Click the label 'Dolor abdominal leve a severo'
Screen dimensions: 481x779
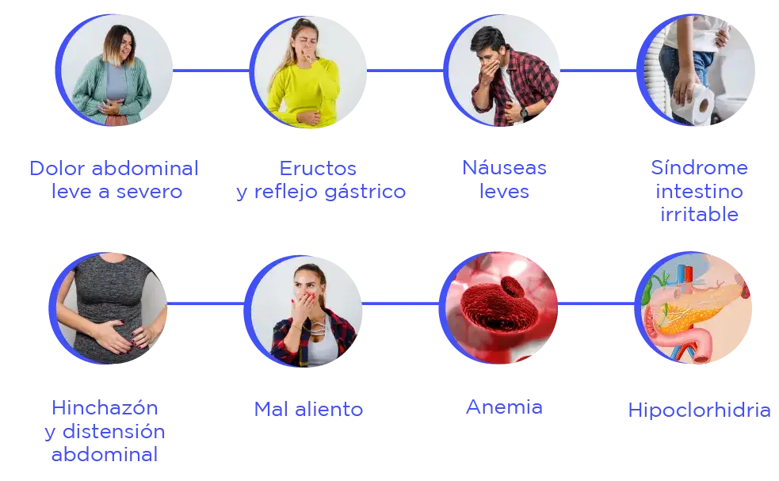click(113, 180)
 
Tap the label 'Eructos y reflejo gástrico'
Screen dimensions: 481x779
click(319, 180)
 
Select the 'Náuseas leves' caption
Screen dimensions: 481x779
click(505, 180)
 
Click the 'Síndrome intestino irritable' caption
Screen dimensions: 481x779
click(697, 191)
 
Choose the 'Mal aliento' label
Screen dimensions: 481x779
click(309, 410)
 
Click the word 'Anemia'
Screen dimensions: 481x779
click(505, 408)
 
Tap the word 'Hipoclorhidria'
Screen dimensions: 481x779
click(698, 410)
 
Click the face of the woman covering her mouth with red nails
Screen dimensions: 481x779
click(307, 287)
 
